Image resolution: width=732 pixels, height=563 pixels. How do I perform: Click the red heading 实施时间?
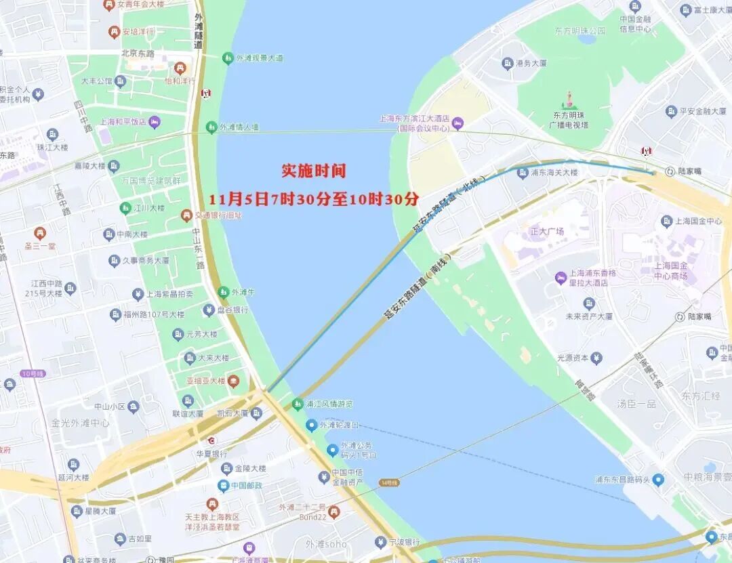click(x=314, y=171)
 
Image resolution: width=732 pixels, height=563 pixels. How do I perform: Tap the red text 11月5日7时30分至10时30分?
click(x=314, y=200)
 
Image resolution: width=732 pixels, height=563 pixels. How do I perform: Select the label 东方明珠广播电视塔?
click(x=569, y=120)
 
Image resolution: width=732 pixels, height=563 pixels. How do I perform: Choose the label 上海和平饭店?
click(x=123, y=122)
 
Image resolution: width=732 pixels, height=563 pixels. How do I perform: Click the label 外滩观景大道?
click(x=260, y=58)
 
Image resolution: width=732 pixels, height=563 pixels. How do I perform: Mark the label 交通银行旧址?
click(x=218, y=215)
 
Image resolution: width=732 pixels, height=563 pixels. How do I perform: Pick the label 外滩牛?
click(x=243, y=293)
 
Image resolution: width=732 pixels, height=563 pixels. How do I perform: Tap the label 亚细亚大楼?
click(x=207, y=381)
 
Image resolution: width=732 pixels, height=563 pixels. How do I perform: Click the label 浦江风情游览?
click(x=329, y=404)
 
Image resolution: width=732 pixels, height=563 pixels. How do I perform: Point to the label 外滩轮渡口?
click(x=338, y=425)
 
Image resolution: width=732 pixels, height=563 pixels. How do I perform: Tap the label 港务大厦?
click(x=531, y=63)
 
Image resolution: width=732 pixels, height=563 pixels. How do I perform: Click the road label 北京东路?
click(x=138, y=53)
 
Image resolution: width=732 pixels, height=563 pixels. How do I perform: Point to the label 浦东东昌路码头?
click(x=622, y=480)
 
